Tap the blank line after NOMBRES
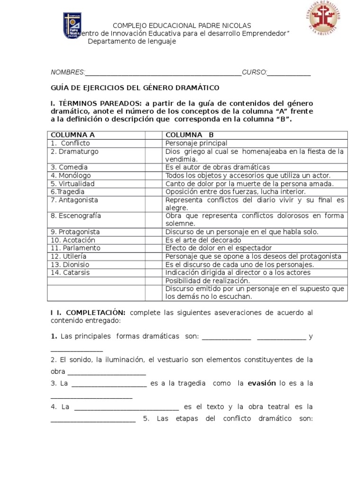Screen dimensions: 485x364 (163, 72)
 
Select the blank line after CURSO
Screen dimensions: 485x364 (290, 72)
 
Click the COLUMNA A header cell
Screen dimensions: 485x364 (97, 135)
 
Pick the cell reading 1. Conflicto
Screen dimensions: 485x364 (97, 143)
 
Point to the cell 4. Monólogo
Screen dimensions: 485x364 (97, 175)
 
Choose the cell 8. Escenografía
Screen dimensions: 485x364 (97, 216)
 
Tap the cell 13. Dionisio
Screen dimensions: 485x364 (97, 264)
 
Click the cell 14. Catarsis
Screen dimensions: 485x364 (97, 272)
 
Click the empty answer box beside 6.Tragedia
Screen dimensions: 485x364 (154, 192)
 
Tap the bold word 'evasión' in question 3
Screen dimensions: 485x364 (262, 383)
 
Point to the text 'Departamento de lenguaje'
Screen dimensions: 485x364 (132, 41)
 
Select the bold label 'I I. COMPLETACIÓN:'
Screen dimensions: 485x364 (88, 313)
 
